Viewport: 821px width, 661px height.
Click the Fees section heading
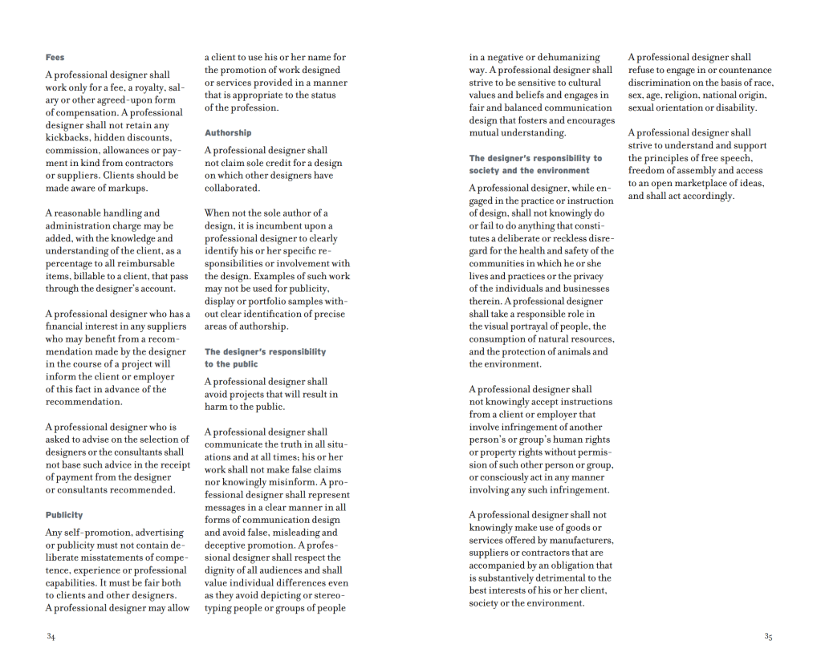55,58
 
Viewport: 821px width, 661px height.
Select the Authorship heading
228,133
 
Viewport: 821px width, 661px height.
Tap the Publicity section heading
64,515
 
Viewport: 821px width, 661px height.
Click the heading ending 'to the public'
231,364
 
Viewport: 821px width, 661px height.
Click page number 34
51,637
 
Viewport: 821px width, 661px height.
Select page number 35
768,637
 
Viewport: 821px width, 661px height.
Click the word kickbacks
67,138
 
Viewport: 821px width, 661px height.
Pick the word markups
128,189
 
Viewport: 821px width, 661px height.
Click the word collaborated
232,189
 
